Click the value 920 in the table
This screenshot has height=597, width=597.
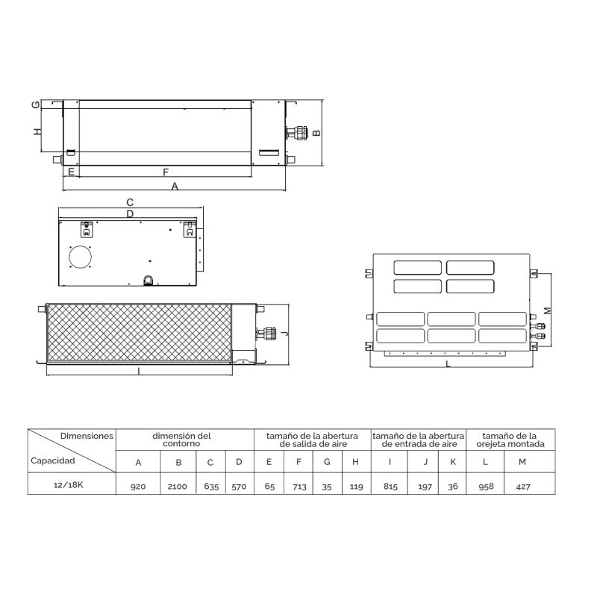[138, 487]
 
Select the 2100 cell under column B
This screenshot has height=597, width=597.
[178, 487]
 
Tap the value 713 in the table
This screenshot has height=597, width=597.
[300, 487]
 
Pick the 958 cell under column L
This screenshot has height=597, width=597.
[487, 487]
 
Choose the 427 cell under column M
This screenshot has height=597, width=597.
[523, 487]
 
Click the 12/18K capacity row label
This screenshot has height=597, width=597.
[69, 484]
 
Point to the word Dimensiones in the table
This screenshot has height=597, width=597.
[87, 436]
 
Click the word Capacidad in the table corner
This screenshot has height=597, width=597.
[52, 460]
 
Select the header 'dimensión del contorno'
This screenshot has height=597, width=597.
[181, 440]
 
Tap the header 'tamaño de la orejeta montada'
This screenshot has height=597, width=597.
[510, 440]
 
